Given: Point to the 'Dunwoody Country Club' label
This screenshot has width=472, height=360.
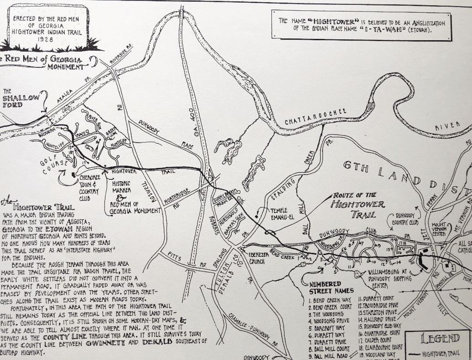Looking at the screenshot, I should (407, 219).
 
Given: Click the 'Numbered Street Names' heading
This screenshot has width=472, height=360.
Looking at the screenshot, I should (331, 287).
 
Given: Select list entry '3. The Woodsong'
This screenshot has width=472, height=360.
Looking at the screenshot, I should (327, 314).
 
